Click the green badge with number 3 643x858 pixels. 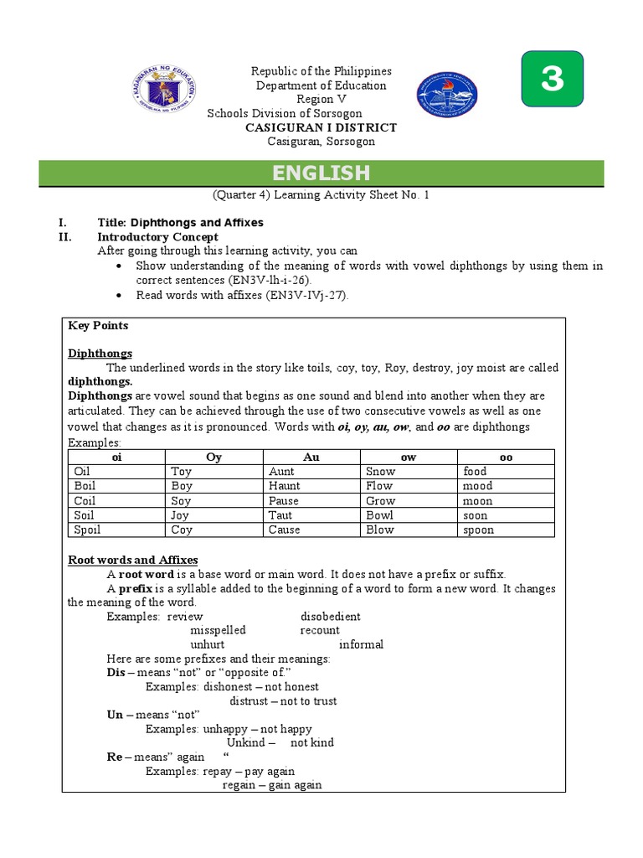pos(552,79)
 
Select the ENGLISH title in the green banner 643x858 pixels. pos(321,173)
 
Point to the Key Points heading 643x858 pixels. pos(98,325)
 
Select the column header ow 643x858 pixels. pos(408,457)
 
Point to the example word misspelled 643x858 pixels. pos(218,630)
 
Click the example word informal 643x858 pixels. pos(361,644)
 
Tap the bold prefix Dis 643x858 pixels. pos(116,673)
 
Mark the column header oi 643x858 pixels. pos(116,457)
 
